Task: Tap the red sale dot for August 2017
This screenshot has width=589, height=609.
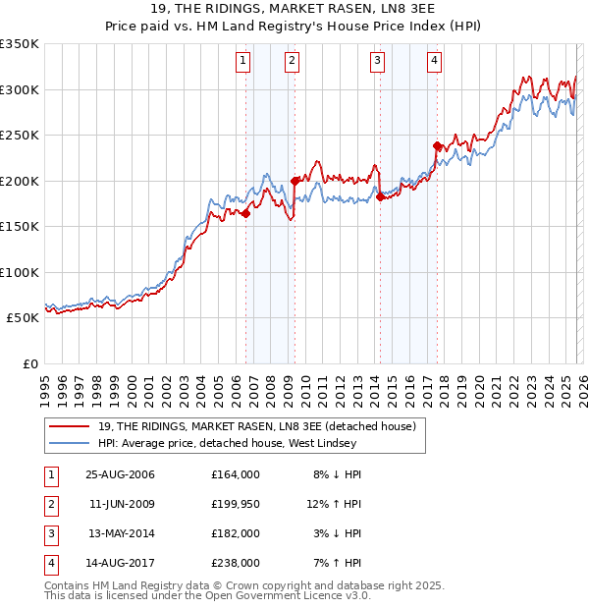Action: coord(437,145)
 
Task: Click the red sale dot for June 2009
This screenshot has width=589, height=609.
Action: coord(294,181)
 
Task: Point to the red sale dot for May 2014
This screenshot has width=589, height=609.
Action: coord(380,196)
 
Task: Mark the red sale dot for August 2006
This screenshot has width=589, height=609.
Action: coord(246,213)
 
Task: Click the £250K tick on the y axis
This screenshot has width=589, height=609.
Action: coord(20,136)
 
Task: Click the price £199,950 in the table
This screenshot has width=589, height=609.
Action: coord(235,506)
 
